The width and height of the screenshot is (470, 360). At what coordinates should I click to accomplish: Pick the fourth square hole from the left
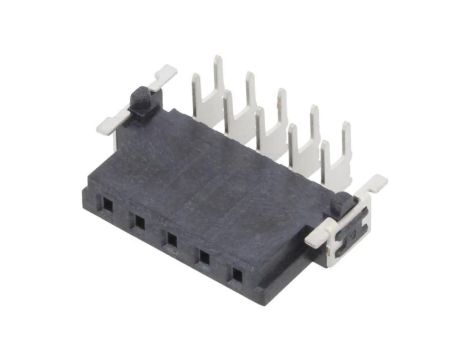(205, 256)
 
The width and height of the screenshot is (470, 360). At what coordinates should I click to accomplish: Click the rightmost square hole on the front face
(237, 271)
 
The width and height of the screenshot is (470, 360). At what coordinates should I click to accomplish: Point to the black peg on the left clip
(142, 97)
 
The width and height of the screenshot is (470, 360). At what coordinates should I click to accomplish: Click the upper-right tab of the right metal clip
(375, 185)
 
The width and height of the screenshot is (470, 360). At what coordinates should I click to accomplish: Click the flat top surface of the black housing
(220, 170)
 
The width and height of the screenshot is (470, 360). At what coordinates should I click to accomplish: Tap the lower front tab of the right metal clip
(318, 240)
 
